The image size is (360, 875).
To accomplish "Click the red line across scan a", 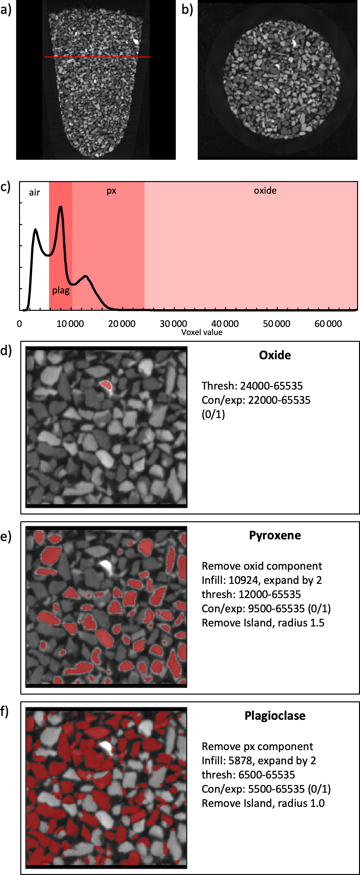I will (x=97, y=57).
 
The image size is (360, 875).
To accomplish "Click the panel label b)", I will (x=187, y=9).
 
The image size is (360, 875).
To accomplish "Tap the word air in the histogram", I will (x=34, y=193).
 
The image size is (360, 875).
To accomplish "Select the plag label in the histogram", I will (x=61, y=290).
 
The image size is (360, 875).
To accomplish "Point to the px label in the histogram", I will (x=111, y=190).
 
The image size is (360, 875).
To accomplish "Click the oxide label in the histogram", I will (x=265, y=190).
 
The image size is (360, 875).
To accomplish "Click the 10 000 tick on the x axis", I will (x=70, y=324).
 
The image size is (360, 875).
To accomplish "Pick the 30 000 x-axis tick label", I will (x=173, y=324).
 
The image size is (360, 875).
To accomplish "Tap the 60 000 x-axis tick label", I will (x=328, y=324).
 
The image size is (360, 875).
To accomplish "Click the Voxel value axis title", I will (x=202, y=332).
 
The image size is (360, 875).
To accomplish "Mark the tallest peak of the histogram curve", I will (x=60, y=207).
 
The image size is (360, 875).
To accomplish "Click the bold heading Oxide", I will (x=275, y=355).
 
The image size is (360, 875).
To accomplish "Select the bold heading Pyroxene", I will (x=275, y=535).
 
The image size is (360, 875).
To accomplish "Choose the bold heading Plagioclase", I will (x=275, y=716).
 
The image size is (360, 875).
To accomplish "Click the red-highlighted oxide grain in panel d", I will (x=107, y=385).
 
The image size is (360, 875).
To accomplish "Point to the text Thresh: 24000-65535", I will (x=252, y=386).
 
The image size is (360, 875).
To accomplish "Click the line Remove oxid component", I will (x=262, y=566).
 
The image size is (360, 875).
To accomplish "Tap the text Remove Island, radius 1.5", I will (x=263, y=623).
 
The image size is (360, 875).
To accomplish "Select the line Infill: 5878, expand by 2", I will (x=259, y=760).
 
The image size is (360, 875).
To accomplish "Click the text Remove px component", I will (x=257, y=746).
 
